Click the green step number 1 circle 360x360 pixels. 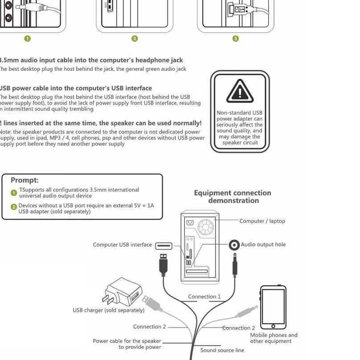(x=27, y=38)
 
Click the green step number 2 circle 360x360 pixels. (x=135, y=38)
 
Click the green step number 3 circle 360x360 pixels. (x=236, y=38)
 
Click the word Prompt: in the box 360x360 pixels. (x=25, y=180)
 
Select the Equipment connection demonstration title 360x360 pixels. (x=233, y=196)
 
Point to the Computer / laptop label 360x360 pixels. (x=262, y=221)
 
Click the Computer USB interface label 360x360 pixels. (x=123, y=245)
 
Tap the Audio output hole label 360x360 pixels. (x=263, y=245)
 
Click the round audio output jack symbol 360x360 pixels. (x=234, y=245)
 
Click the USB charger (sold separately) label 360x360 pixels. (x=109, y=310)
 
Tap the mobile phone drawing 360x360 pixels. (x=273, y=307)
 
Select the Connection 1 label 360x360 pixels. (x=204, y=296)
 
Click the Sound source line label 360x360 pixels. (x=222, y=350)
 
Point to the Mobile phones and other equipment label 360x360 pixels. (x=274, y=338)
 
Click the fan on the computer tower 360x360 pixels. (x=206, y=227)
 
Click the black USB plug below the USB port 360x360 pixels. (x=164, y=265)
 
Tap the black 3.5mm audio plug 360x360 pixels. (x=235, y=266)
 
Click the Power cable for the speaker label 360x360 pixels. (x=127, y=344)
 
